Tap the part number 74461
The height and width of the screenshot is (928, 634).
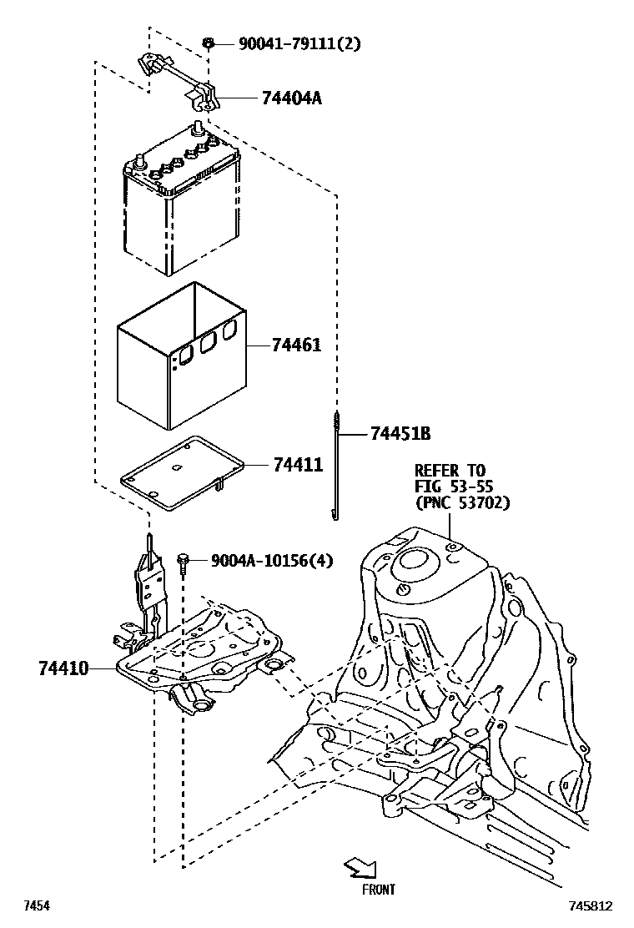tap(296, 345)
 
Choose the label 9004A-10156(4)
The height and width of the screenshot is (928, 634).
tap(271, 560)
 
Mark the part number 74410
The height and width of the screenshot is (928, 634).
tap(63, 668)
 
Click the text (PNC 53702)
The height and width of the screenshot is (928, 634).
tap(461, 503)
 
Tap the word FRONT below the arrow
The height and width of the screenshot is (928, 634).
tap(378, 890)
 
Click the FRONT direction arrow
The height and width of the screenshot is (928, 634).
tap(360, 868)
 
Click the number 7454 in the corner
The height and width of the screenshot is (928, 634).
tap(36, 905)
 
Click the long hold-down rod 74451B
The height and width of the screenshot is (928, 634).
tap(336, 467)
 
